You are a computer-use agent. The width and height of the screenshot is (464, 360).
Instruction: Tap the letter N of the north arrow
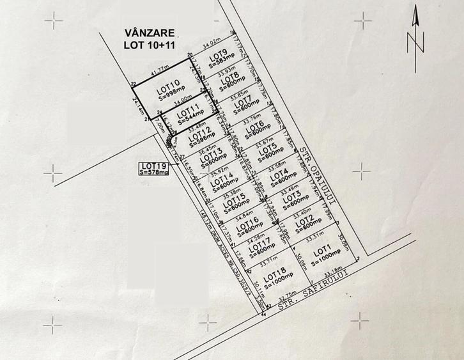[415, 43]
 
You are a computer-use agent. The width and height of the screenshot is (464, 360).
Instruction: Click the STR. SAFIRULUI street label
[316, 291]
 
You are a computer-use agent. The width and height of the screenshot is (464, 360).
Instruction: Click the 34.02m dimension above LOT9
[213, 46]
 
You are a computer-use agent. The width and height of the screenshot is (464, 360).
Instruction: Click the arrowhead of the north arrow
[415, 14]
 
